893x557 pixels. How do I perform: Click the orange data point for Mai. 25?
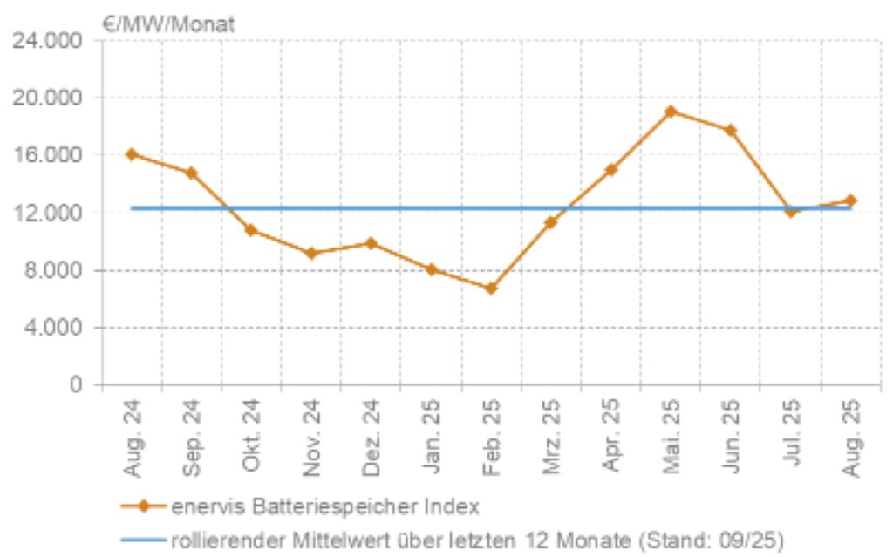(671, 112)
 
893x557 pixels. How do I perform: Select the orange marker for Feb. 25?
(491, 289)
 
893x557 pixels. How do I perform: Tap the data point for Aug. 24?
(132, 154)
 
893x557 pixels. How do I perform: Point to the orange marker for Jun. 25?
(731, 131)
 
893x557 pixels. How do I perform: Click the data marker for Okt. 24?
(251, 230)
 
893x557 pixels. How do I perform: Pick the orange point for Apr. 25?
(610, 170)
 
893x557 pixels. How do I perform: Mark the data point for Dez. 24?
(371, 243)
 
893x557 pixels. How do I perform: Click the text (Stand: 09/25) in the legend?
(716, 540)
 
